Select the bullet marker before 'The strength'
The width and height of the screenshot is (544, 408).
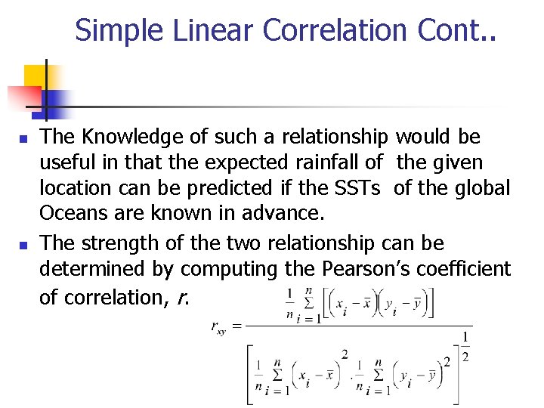tap(23, 246)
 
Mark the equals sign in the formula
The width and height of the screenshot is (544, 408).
tap(237, 326)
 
